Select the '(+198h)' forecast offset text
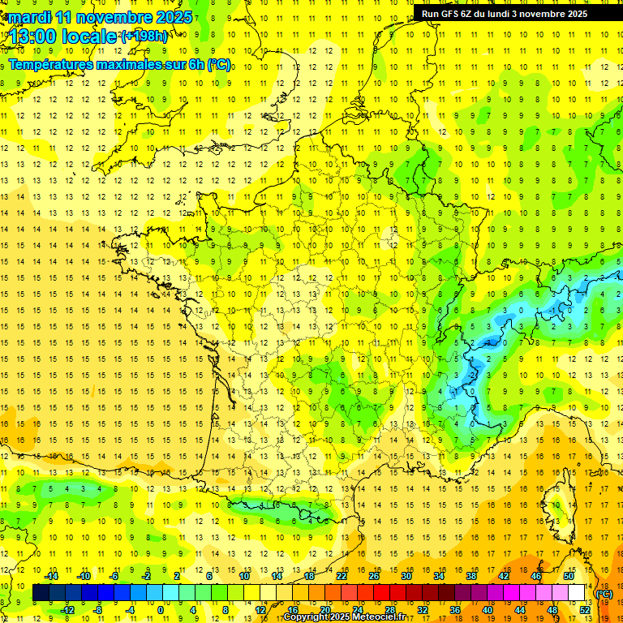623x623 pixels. (144, 37)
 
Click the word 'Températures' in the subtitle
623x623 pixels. (51, 65)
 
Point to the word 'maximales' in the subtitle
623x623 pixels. (130, 65)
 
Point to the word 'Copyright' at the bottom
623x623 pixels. (306, 617)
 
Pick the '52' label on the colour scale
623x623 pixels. (585, 610)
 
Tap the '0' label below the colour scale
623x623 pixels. (161, 610)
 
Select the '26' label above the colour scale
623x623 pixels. (374, 576)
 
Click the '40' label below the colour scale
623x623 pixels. (488, 610)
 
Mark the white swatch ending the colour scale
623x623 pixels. (577, 593)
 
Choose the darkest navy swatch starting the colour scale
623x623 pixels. (41, 593)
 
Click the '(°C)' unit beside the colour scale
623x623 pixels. (604, 594)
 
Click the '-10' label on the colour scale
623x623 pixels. (84, 576)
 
